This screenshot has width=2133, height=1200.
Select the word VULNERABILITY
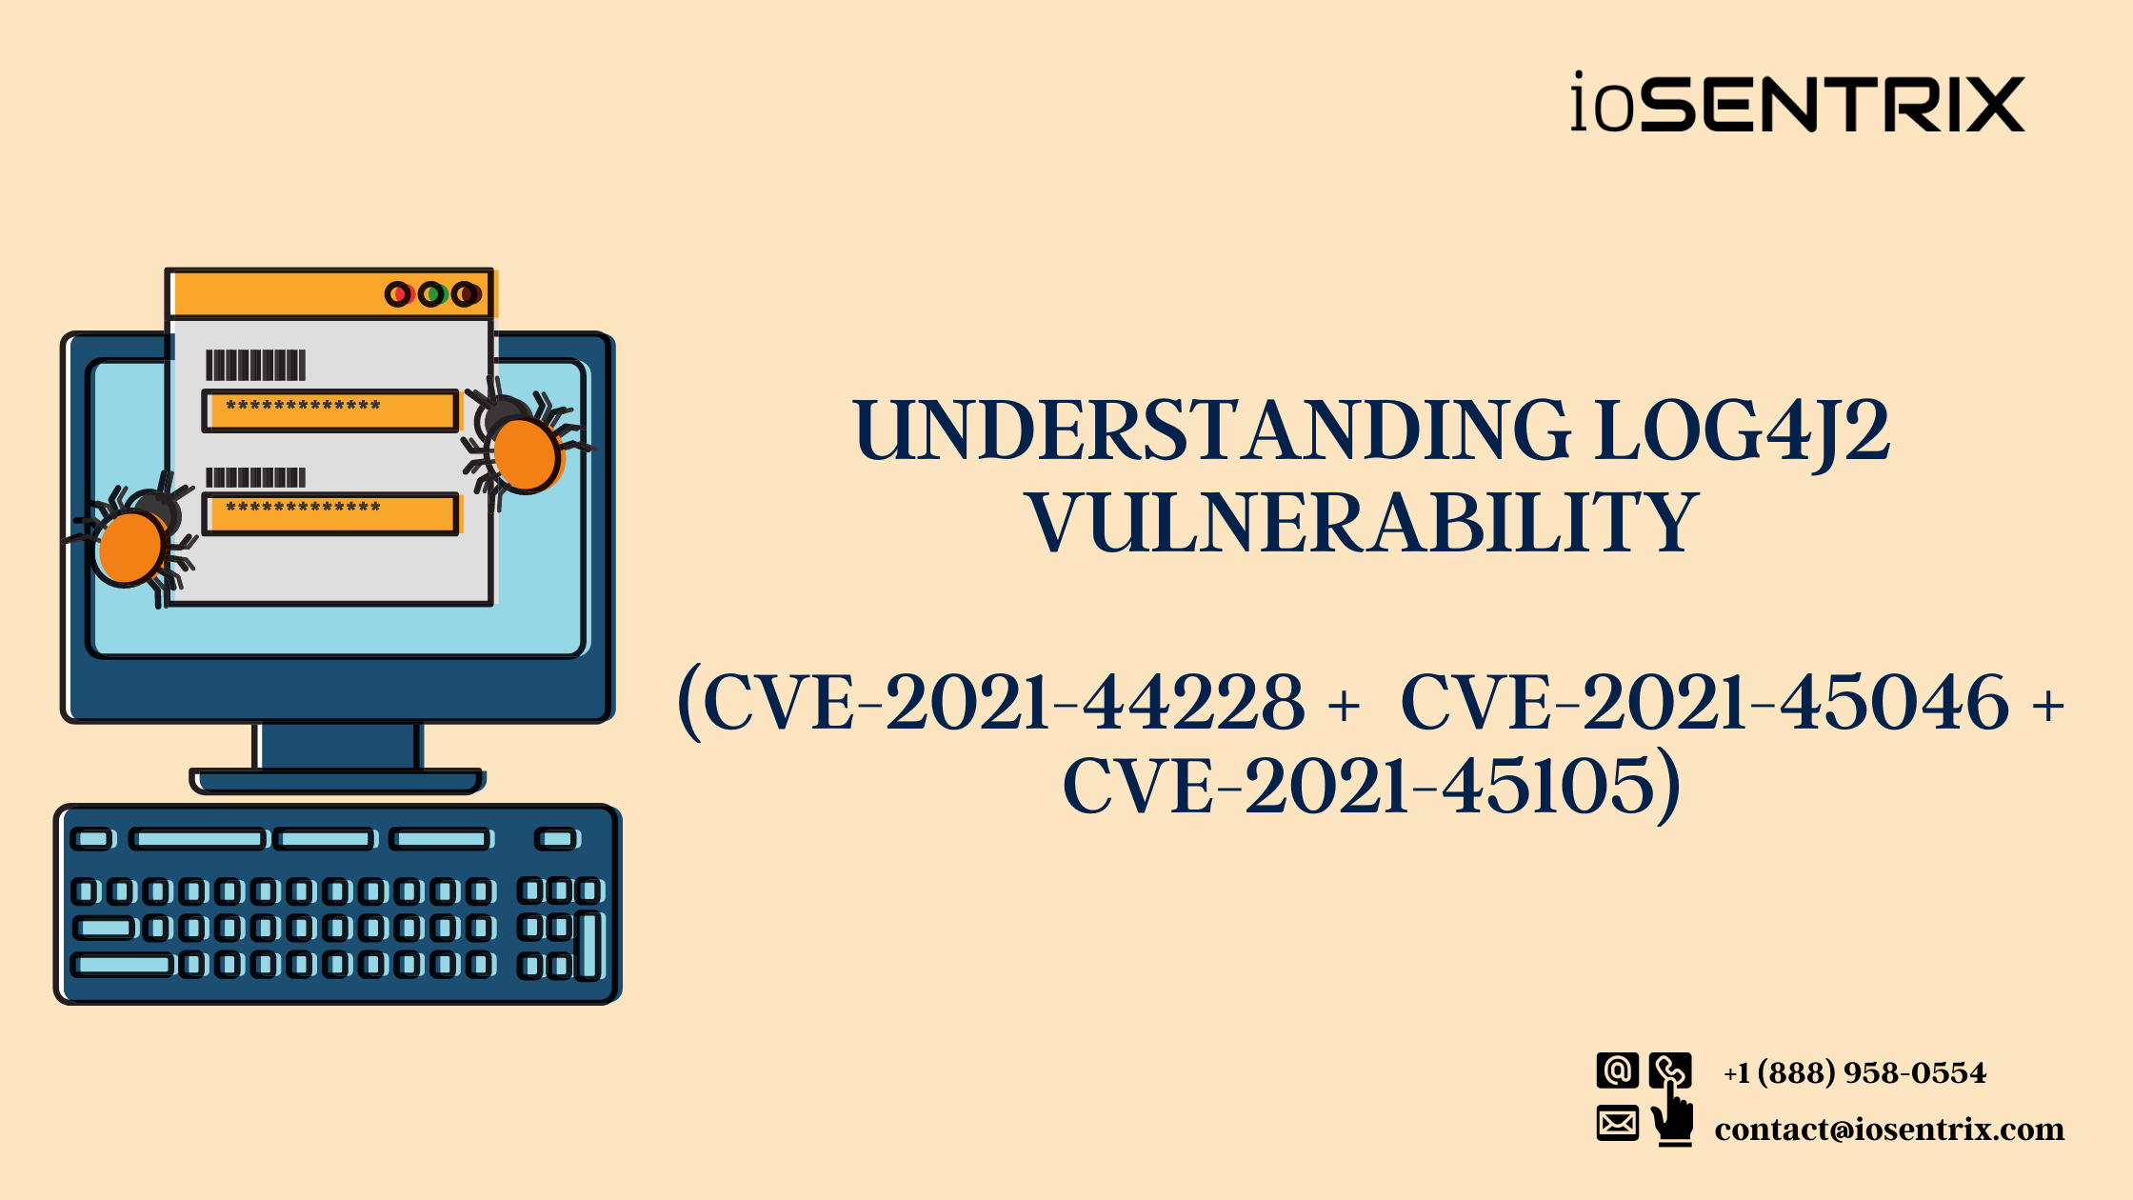(1363, 523)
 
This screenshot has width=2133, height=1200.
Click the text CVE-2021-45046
(1704, 703)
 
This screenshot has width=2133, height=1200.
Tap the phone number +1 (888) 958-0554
(1854, 1073)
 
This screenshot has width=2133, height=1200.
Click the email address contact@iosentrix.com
(1889, 1130)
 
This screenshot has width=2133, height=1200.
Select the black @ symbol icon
(1617, 1070)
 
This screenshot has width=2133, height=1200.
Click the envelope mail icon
(1617, 1124)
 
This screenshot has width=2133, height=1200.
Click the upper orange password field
(330, 410)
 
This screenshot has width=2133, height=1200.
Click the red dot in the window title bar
(399, 294)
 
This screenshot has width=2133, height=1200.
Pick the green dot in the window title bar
(432, 294)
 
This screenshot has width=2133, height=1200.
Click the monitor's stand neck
(337, 746)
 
